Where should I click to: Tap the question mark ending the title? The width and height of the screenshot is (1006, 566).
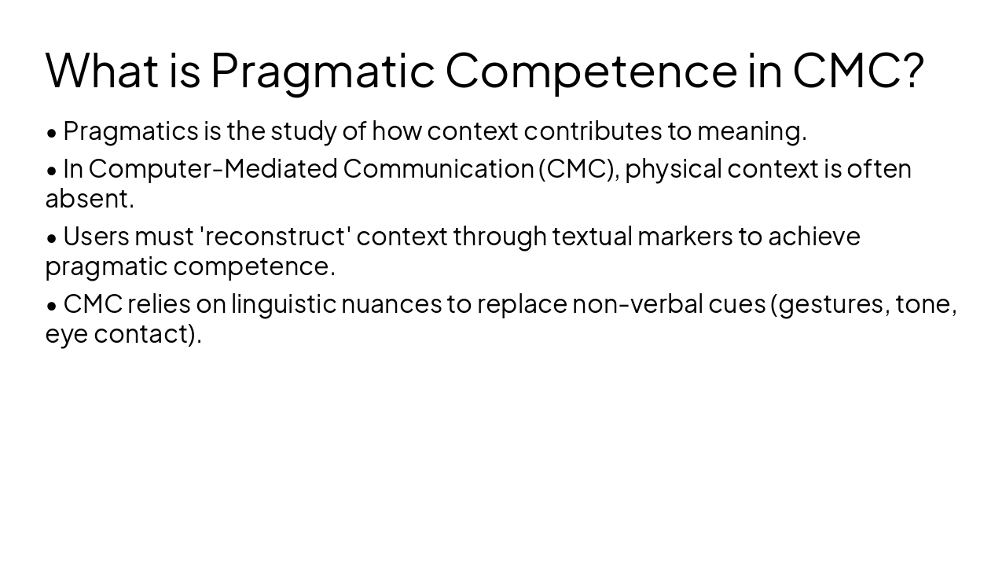coord(912,69)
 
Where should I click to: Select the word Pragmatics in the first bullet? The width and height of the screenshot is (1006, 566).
coord(130,131)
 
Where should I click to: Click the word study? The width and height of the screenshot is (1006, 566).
coord(303,131)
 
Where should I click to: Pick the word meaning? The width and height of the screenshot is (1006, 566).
coord(751,131)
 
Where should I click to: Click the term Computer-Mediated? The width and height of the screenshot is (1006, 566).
coord(213,169)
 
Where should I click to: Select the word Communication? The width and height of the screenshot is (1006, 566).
coord(439,169)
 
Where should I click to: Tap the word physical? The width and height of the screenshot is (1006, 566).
coord(673,169)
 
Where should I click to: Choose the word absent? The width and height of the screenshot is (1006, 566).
coord(89,199)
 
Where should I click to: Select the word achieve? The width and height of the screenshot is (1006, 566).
coord(813,237)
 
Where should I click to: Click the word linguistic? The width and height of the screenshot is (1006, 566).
coord(283,304)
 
